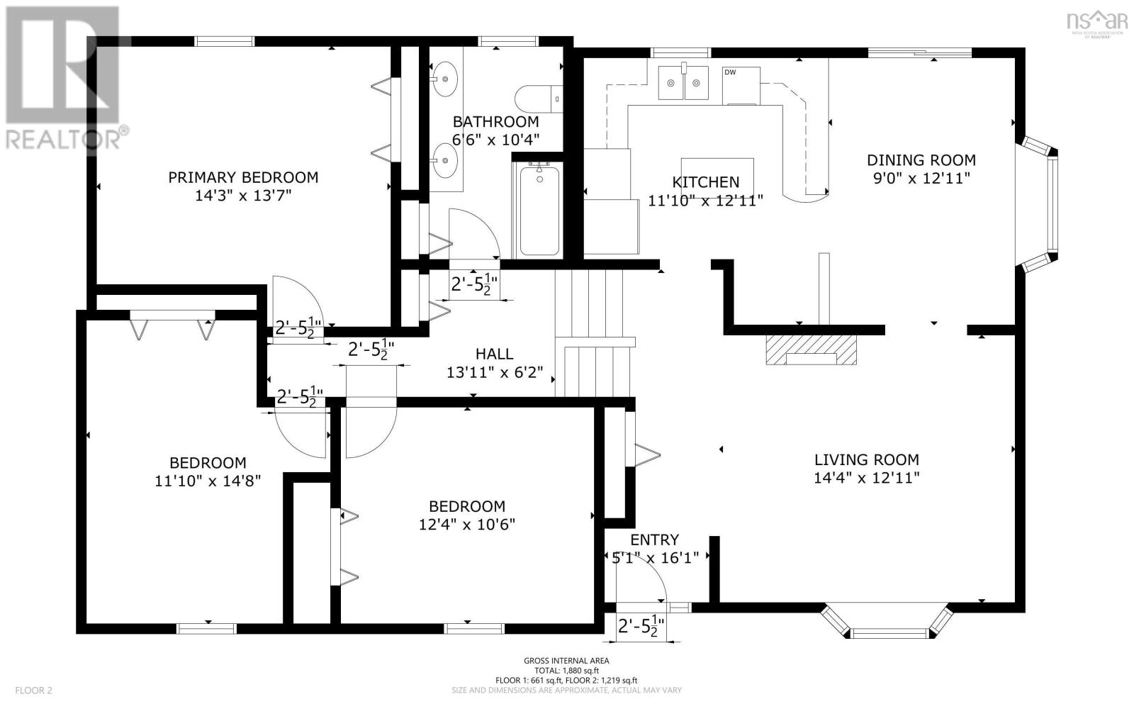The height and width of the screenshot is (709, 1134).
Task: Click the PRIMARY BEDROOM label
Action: pos(243,177)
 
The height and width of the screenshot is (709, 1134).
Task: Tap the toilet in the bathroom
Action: pos(539,99)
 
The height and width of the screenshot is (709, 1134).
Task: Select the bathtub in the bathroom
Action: pos(539,210)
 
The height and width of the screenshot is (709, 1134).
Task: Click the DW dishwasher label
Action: pos(730,72)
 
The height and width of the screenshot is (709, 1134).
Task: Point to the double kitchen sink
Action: pos(683,83)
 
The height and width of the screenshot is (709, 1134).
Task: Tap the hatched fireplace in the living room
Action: pos(811,350)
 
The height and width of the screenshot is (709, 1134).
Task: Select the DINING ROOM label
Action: pos(921,160)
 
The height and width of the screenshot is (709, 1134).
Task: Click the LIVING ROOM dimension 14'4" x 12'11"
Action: pos(867,478)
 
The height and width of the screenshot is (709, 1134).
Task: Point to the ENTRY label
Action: pos(655,540)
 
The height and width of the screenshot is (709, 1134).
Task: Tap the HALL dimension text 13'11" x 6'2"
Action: pos(495,373)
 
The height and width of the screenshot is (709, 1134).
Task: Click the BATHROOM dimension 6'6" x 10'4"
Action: pos(495,140)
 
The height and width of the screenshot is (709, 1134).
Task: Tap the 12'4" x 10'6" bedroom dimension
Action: pos(467,524)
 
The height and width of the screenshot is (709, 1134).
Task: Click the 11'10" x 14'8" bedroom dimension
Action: pos(208,481)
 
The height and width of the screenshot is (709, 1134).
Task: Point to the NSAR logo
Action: pos(1097,23)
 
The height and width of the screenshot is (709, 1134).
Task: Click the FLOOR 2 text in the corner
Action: pos(33,691)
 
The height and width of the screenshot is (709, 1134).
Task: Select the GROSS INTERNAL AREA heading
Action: pos(566,660)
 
